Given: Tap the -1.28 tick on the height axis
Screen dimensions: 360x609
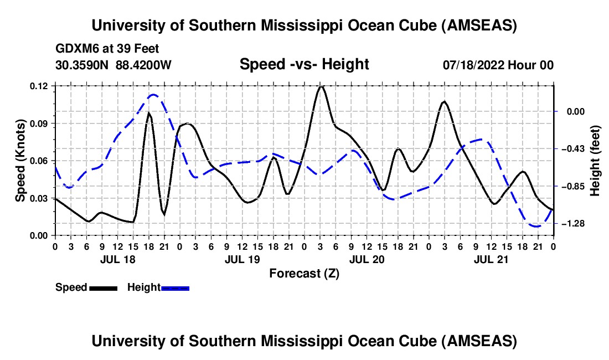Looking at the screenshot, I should click(x=574, y=223).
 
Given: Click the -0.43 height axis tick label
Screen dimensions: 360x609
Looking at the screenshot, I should click(x=574, y=149).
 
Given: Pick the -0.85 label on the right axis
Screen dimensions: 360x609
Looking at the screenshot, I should click(x=574, y=186).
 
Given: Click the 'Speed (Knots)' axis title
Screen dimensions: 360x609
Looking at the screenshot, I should click(x=20, y=160).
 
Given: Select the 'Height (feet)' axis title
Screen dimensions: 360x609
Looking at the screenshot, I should click(x=595, y=160).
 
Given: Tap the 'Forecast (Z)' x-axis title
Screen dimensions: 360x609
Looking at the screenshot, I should click(x=304, y=273).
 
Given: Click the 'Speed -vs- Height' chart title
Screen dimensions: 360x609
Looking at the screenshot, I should click(x=304, y=64).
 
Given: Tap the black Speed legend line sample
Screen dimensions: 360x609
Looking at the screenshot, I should click(x=102, y=288).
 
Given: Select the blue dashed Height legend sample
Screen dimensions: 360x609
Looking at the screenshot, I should click(x=175, y=288).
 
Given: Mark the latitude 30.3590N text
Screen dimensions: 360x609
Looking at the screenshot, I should click(x=82, y=65).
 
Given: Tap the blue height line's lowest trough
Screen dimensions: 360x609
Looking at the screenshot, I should click(x=535, y=226).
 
